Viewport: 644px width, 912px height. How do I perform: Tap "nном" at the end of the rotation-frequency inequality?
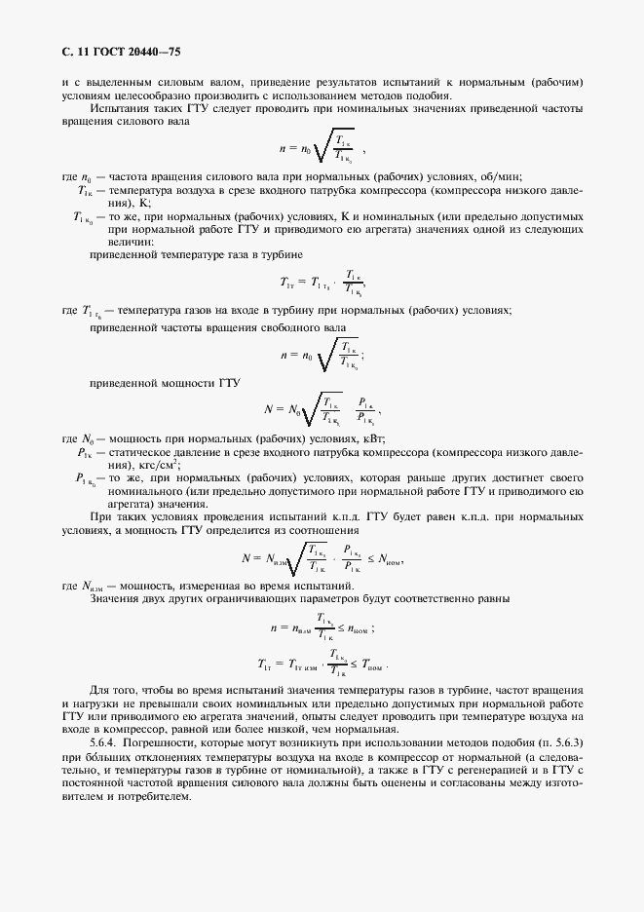tap(358, 629)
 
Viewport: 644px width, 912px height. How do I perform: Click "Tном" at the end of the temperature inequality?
tap(370, 667)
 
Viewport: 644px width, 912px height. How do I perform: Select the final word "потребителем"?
tap(153, 794)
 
